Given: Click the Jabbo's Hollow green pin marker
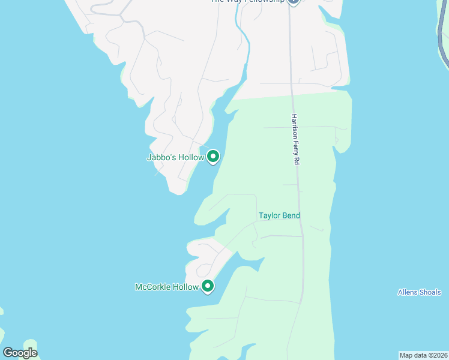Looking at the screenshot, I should tap(213, 157).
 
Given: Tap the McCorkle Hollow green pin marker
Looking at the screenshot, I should tap(208, 286).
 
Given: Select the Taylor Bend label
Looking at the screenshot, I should tap(279, 215).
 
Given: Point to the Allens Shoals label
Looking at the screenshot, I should tap(420, 292).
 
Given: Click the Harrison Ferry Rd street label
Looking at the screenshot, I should tap(295, 140).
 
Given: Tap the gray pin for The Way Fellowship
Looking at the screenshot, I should tap(293, 2).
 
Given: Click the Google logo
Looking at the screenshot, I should tap(20, 353).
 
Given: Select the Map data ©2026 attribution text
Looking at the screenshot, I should tap(423, 355).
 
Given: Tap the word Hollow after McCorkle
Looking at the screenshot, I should tap(186, 287).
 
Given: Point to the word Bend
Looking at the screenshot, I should tap(291, 215).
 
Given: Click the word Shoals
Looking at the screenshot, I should tap(430, 292).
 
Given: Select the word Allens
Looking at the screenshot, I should tap(408, 292).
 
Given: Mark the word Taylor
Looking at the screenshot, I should tap(270, 215).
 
